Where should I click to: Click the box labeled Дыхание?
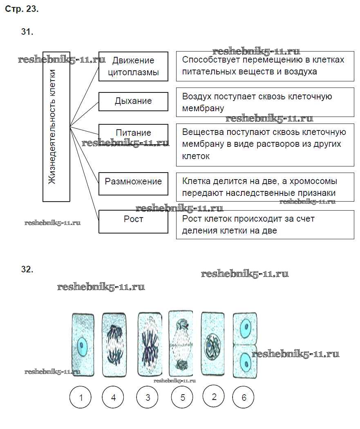coord(133,101)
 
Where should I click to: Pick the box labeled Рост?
coord(133,221)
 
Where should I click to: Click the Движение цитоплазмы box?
coord(133,67)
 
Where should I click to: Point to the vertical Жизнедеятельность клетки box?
coord(56,127)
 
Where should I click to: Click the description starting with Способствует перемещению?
coord(265,66)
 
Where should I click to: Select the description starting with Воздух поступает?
coord(265,102)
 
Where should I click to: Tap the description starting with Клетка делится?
coord(265,187)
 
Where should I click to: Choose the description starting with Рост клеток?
coord(265,225)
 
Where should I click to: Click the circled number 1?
coord(80,397)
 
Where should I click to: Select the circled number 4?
coord(113,397)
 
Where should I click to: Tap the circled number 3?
coord(148,397)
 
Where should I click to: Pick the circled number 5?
coord(182,397)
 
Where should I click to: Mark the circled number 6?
coord(244,397)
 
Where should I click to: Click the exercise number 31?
coord(27,32)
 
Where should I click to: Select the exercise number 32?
coord(27,269)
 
